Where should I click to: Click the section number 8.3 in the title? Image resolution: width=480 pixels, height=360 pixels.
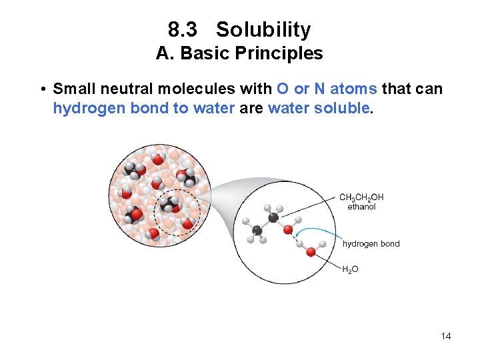(x=181, y=30)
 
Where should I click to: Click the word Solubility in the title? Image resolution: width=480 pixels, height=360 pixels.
(x=263, y=30)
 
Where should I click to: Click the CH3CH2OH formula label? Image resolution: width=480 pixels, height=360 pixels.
(x=361, y=197)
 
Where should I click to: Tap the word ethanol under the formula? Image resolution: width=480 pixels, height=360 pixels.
(x=361, y=207)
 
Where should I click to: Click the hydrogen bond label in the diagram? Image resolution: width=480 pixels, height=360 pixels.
(x=371, y=244)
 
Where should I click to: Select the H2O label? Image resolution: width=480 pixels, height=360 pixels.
(x=350, y=269)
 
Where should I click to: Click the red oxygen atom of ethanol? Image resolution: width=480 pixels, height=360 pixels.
(x=288, y=230)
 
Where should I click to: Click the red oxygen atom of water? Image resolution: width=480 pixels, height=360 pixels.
(x=310, y=252)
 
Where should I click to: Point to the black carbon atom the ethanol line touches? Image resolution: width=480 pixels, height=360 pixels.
(x=273, y=217)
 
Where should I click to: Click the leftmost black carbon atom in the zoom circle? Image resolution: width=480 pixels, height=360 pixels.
(x=257, y=231)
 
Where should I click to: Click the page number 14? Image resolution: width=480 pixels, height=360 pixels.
(x=446, y=336)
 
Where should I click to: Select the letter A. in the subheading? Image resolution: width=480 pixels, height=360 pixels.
(x=164, y=53)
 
